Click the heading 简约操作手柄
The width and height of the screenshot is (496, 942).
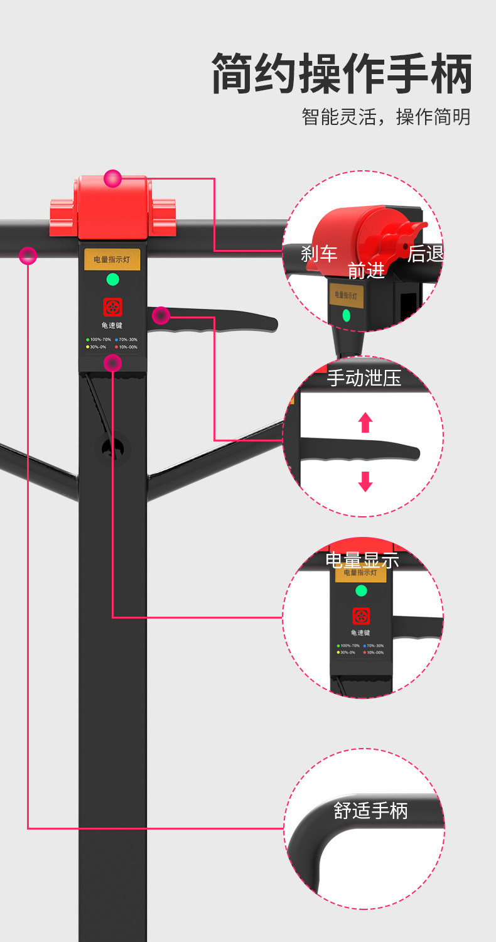(x=342, y=73)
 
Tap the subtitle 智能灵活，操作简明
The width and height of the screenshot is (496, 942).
(x=385, y=117)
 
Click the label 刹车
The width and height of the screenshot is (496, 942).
(x=319, y=254)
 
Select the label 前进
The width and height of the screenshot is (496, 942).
(x=366, y=270)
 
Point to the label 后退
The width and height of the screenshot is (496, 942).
(x=426, y=254)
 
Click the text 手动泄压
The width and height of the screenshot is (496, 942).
(x=364, y=378)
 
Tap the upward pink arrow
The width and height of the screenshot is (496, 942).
(x=365, y=422)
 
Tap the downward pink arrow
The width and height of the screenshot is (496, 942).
(x=365, y=481)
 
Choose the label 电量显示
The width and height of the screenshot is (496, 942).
(x=362, y=560)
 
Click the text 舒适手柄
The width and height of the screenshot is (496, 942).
(x=370, y=811)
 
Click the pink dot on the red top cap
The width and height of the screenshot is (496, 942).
(x=113, y=178)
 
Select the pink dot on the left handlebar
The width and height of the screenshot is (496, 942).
(x=28, y=256)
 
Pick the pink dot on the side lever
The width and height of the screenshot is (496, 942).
(x=161, y=315)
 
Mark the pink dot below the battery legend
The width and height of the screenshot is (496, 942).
(x=112, y=362)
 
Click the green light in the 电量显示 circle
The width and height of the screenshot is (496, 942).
(x=361, y=590)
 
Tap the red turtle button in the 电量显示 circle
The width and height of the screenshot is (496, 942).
(x=361, y=615)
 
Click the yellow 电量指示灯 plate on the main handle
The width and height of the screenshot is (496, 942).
(x=112, y=259)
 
